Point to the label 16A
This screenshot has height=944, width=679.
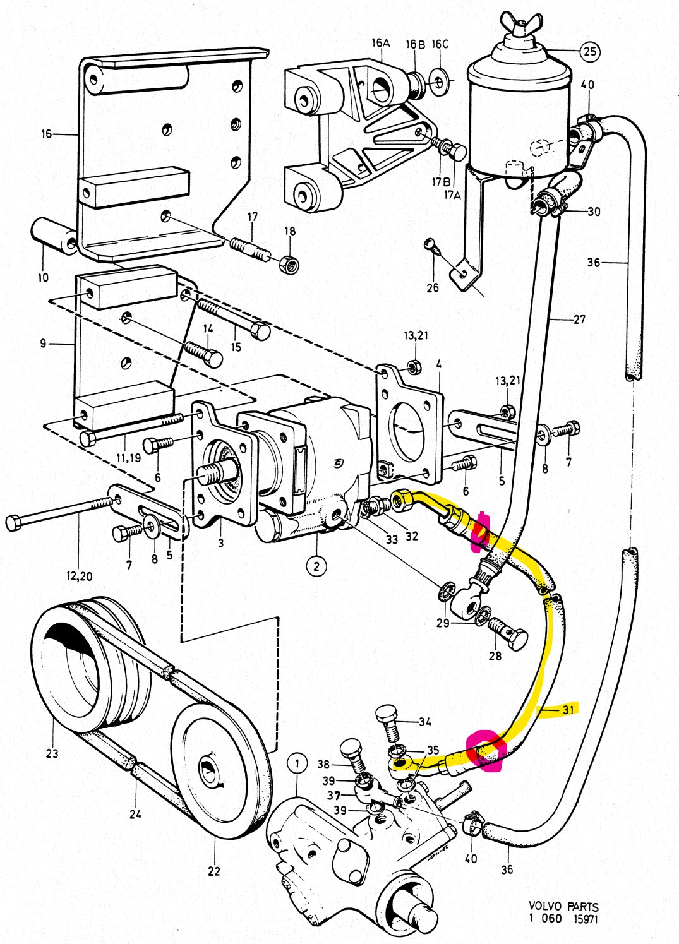[x=381, y=43]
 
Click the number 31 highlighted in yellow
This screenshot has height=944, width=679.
[x=568, y=710]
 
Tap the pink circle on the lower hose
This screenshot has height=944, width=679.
[x=484, y=751]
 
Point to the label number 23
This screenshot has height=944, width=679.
[x=52, y=753]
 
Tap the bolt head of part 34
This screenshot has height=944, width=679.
[x=387, y=715]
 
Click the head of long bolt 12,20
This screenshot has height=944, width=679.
[x=15, y=523]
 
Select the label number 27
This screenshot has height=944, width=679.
[x=579, y=320]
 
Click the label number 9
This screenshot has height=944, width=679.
[x=43, y=344]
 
